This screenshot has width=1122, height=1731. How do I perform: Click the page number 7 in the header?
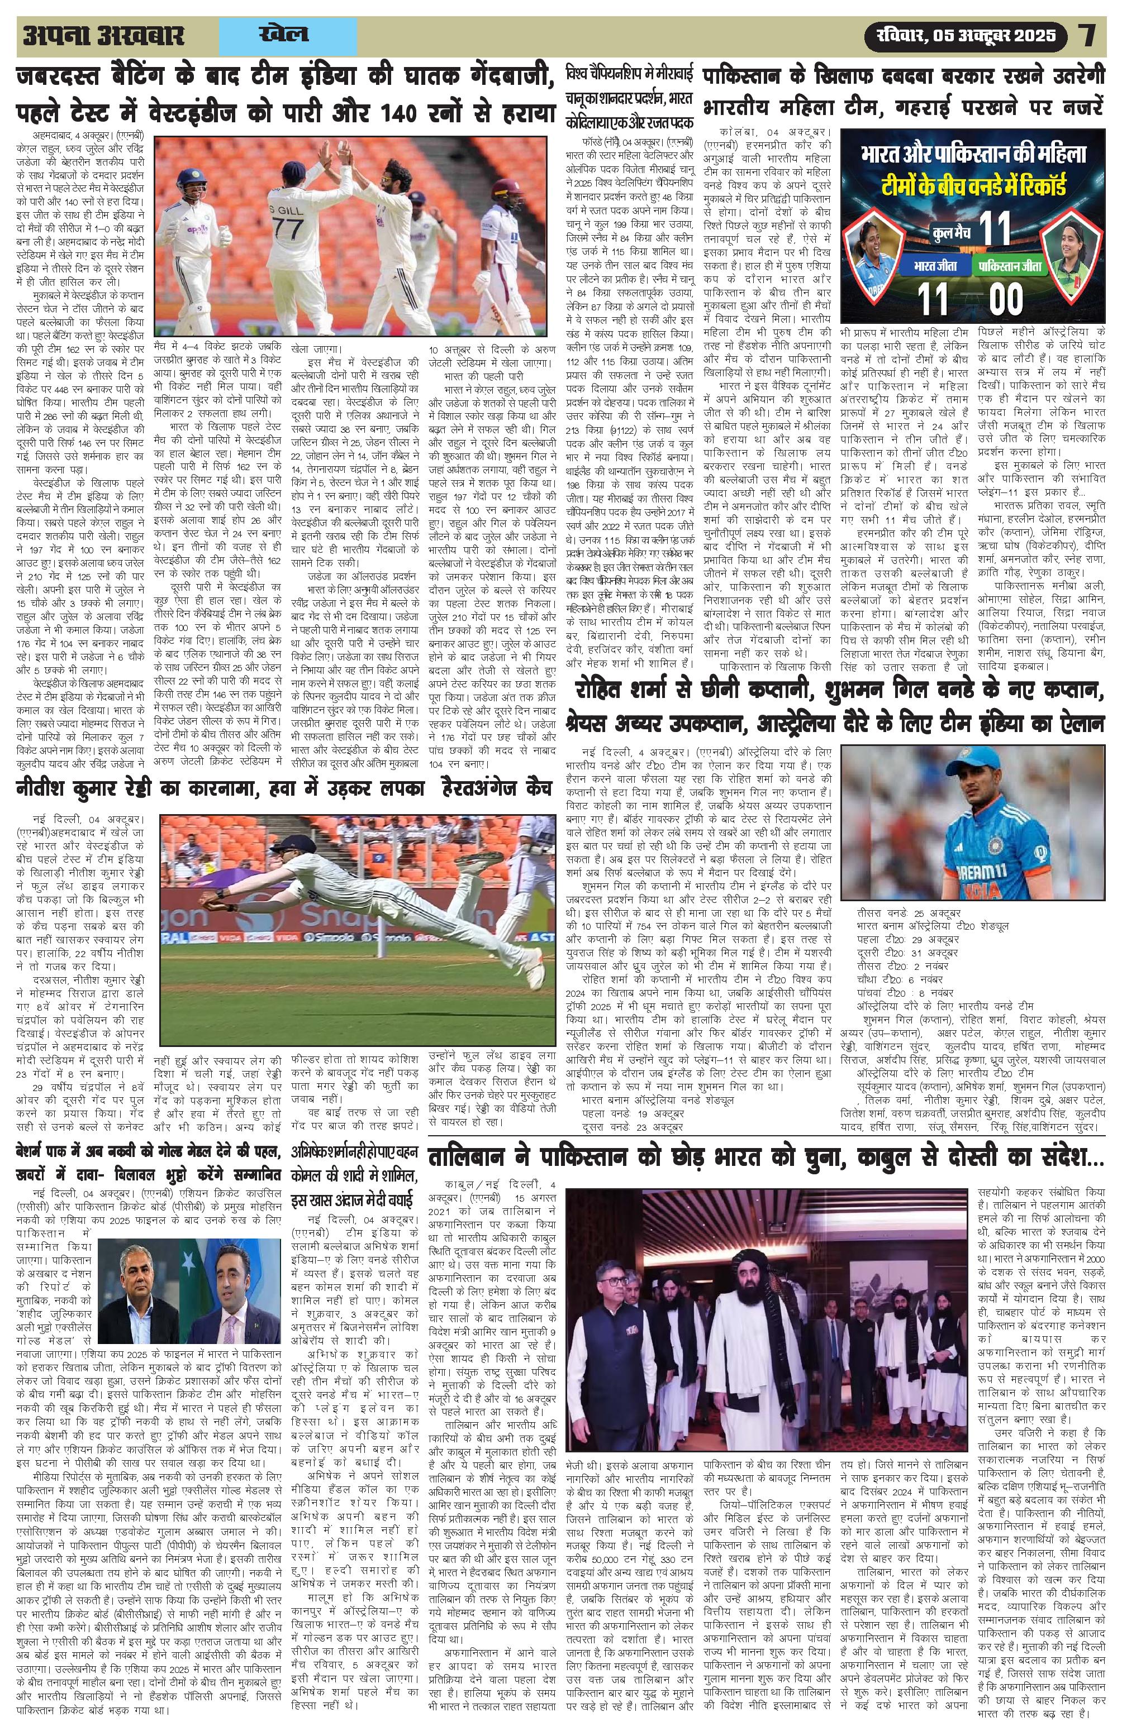pos(1087,36)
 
